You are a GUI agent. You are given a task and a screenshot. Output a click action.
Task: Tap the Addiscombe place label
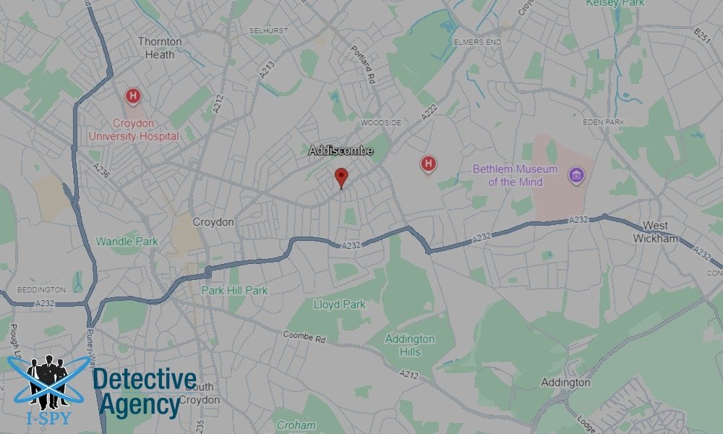pos(341,150)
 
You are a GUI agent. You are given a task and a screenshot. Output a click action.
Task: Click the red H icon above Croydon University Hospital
pos(132,95)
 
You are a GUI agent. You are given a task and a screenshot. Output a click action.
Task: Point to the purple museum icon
pos(576,176)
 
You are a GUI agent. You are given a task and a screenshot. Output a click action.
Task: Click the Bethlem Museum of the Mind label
pos(515,176)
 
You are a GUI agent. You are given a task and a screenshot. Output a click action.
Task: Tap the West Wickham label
pos(658,232)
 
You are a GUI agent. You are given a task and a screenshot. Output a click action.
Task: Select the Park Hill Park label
pos(234,290)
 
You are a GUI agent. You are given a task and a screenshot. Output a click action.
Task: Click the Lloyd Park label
pos(339,305)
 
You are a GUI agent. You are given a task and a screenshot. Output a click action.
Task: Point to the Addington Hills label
pos(410,344)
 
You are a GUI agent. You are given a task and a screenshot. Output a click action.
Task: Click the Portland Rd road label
pos(364,63)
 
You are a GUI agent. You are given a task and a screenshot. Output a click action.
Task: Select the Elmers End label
pos(477,42)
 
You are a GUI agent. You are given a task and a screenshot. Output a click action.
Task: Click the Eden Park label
pos(603,122)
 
